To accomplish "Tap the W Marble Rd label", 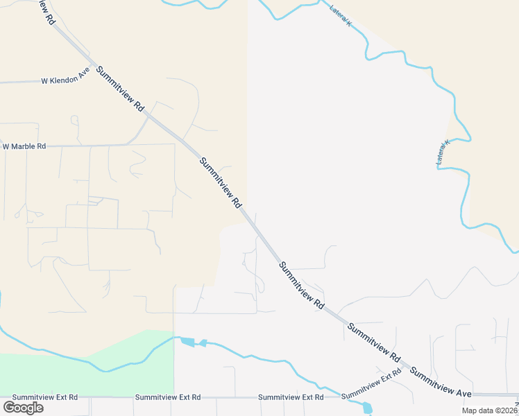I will [24, 146].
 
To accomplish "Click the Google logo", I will [23, 408].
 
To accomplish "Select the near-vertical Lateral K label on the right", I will [443, 153].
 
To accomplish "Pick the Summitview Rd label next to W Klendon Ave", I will [121, 89].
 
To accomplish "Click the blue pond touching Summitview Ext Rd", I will [367, 408].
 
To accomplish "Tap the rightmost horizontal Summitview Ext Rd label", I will [290, 397].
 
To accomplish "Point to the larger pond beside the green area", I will [187, 341].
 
